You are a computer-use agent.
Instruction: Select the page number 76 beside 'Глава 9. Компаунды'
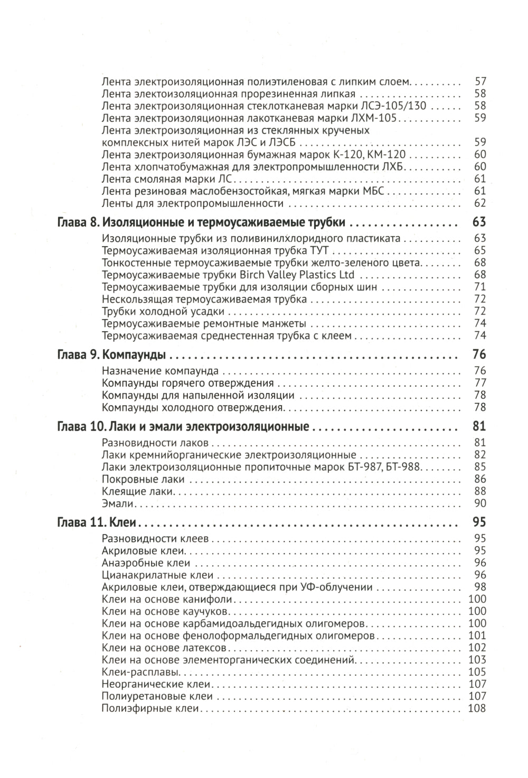479,354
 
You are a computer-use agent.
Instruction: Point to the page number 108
477,708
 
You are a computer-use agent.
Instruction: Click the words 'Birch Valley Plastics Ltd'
297,275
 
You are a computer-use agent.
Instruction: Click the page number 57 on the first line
480,82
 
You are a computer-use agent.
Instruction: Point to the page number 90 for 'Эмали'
480,503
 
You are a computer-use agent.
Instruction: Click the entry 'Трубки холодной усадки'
163,311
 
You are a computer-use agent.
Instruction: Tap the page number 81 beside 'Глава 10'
479,426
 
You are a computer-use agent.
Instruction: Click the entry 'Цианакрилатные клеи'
157,575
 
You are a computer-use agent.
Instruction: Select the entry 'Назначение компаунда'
160,371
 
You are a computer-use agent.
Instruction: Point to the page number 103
477,660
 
